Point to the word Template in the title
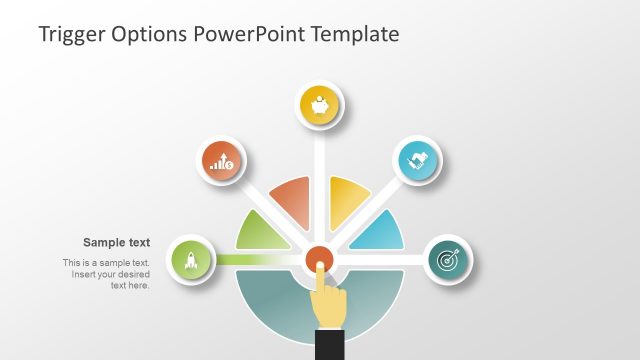click(354, 34)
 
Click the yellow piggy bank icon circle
click(320, 106)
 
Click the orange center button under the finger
click(320, 258)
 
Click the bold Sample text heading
click(116, 242)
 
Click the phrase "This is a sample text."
click(106, 263)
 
